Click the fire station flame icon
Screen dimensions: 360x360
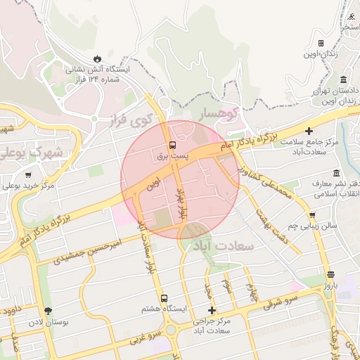tap(96, 58)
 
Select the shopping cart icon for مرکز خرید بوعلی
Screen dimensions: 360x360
tap(28, 175)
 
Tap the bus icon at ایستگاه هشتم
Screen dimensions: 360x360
tap(165, 297)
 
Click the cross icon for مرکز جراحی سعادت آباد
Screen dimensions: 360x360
tap(212, 310)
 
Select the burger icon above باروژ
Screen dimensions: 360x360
tap(330, 274)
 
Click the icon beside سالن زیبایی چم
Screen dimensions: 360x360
tap(312, 216)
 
